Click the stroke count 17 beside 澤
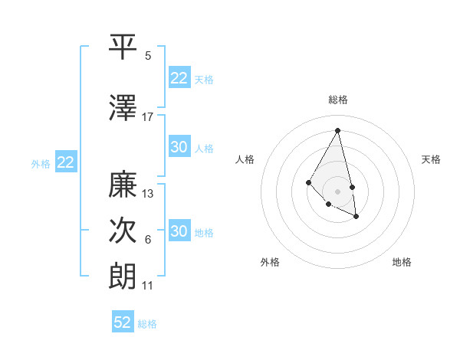[148, 116]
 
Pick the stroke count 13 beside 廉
[148, 194]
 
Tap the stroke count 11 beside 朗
[148, 286]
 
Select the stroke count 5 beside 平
[148, 56]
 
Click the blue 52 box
[123, 322]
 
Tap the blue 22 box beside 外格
[66, 162]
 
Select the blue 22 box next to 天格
[179, 78]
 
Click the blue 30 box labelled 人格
[179, 147]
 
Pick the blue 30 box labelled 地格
[179, 231]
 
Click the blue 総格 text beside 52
[148, 324]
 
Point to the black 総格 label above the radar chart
[338, 100]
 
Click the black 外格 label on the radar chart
[270, 262]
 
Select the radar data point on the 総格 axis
[338, 130]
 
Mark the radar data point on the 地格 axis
[356, 217]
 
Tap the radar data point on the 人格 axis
[308, 182]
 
